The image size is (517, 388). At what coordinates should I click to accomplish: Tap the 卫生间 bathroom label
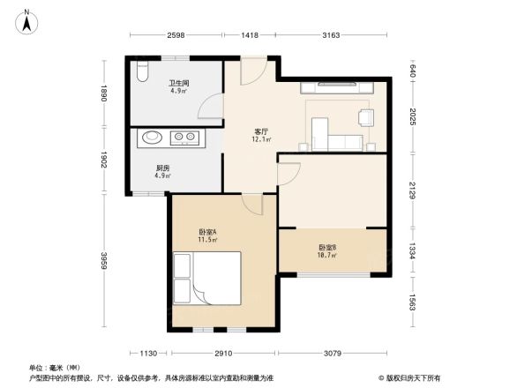(180, 85)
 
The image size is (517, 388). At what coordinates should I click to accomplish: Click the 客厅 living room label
(261, 134)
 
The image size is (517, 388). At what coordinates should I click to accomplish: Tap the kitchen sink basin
(152, 138)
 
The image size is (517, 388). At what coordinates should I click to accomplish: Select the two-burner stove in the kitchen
(186, 138)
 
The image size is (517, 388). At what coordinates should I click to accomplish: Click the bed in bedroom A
(207, 278)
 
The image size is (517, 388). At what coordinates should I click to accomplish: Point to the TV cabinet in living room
(340, 87)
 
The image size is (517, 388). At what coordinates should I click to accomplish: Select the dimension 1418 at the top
(250, 35)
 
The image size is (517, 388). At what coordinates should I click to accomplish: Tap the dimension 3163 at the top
(331, 35)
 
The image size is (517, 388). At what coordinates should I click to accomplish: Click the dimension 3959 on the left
(103, 261)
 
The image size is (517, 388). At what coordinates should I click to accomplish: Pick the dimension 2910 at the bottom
(222, 353)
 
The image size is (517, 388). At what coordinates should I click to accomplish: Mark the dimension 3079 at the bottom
(332, 353)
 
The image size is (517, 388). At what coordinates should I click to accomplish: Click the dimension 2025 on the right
(412, 117)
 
